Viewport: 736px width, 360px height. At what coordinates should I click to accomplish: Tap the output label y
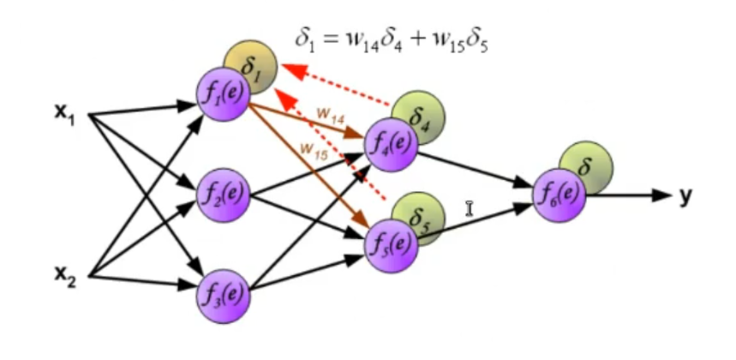coord(685,196)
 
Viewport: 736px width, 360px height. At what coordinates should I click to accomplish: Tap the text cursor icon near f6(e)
coord(470,207)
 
